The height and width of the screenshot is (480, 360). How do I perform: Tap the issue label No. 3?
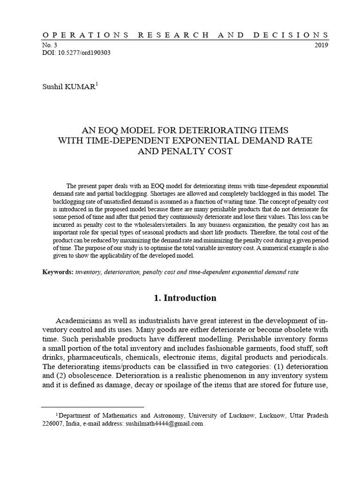[49, 45]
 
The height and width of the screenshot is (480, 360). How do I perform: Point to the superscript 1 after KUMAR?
[97, 84]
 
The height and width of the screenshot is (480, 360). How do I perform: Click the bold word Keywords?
[57, 271]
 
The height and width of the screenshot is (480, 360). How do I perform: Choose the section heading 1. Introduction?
[185, 298]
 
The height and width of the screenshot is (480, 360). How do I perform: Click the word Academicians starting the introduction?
[81, 321]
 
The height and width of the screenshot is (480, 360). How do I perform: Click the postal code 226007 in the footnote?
[52, 423]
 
